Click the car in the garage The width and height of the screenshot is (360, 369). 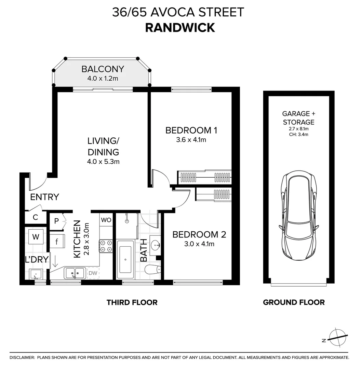299,215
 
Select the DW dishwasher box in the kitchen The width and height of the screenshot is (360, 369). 93,273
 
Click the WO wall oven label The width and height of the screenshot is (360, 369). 106,220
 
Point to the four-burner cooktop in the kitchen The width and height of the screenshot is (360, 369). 106,246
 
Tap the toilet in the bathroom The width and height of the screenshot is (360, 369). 152,269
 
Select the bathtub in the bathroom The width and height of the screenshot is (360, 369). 125,259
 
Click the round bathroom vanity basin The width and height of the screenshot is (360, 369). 155,245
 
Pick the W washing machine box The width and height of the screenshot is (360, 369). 36,236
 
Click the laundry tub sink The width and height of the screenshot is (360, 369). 36,274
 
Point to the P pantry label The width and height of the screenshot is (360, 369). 56,221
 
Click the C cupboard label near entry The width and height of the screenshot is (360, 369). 36,217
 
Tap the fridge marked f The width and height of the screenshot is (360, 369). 57,241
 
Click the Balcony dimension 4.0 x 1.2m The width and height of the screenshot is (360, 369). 103,78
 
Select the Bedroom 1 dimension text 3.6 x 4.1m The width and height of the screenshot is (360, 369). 191,140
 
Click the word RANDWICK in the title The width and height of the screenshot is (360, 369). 180,28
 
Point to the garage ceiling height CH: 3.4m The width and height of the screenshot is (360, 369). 299,135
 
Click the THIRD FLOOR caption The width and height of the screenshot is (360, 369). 132,302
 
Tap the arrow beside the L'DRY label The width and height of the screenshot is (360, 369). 55,261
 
